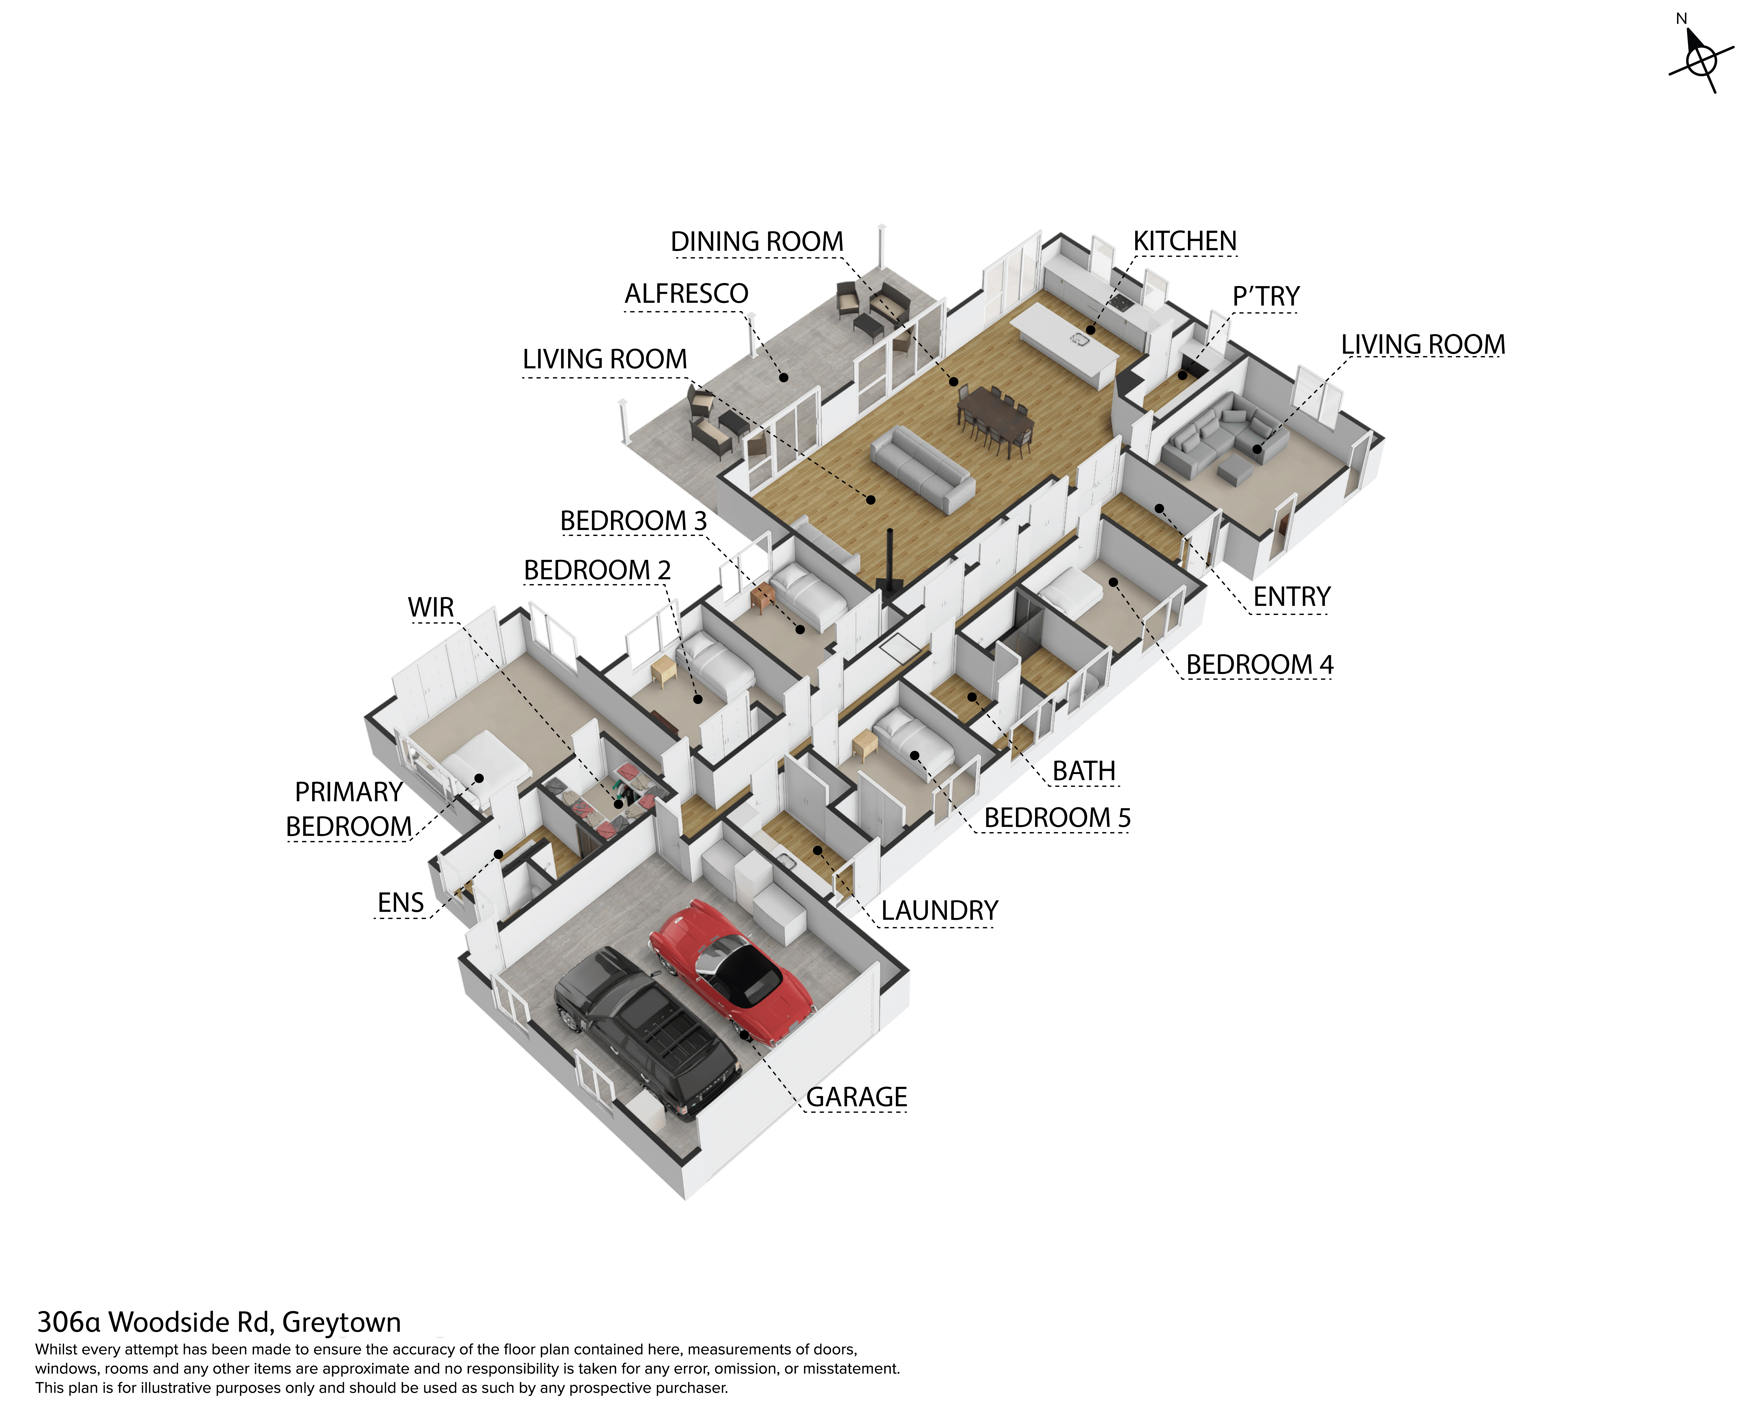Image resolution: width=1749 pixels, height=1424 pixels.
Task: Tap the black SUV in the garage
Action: pyautogui.click(x=648, y=1033)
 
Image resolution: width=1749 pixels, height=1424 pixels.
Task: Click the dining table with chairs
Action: pyautogui.click(x=995, y=418)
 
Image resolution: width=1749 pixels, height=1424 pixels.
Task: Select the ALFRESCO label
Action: pyautogui.click(x=686, y=294)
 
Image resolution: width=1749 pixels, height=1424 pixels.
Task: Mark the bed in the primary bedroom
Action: pyautogui.click(x=476, y=767)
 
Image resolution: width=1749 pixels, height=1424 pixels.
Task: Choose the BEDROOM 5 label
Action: pyautogui.click(x=1057, y=818)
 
